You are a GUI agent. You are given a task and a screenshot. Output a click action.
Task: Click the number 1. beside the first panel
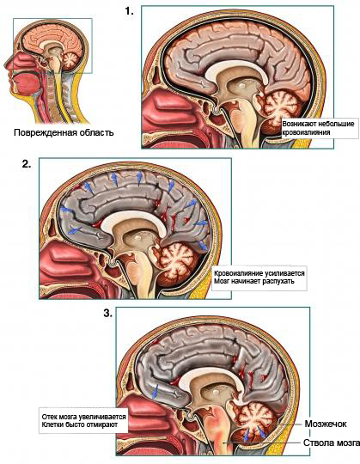[x=129, y=11]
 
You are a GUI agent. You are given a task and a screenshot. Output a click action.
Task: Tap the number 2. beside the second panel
[x=27, y=164]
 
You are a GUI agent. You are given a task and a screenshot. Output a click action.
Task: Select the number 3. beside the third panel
[x=108, y=314]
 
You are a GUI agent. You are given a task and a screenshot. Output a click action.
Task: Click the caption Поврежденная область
[x=64, y=132]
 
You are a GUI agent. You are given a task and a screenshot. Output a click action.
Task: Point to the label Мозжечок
[x=326, y=424]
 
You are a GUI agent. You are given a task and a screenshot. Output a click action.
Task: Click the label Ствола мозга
[x=332, y=443]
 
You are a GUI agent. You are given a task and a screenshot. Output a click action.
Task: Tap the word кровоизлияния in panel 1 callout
[x=306, y=132]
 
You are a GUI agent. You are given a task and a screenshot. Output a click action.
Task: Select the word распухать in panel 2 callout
[x=278, y=281]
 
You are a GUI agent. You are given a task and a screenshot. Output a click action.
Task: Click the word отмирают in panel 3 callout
[x=101, y=424]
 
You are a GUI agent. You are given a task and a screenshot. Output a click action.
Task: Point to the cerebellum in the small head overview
[x=70, y=60]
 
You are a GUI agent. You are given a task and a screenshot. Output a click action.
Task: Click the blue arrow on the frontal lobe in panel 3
[x=155, y=391]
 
